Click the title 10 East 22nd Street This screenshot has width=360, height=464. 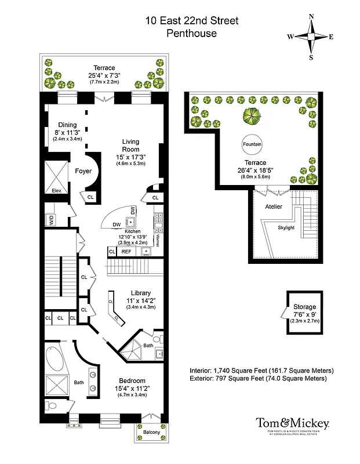[191, 21]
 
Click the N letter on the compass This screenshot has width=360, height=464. [311, 16]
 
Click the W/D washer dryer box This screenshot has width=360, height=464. [51, 220]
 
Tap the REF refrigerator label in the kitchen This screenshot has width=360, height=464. [126, 252]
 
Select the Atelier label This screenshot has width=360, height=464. [274, 206]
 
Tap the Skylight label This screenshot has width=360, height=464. [286, 227]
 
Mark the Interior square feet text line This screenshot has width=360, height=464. [261, 370]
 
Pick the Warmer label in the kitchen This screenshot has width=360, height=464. [157, 240]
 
